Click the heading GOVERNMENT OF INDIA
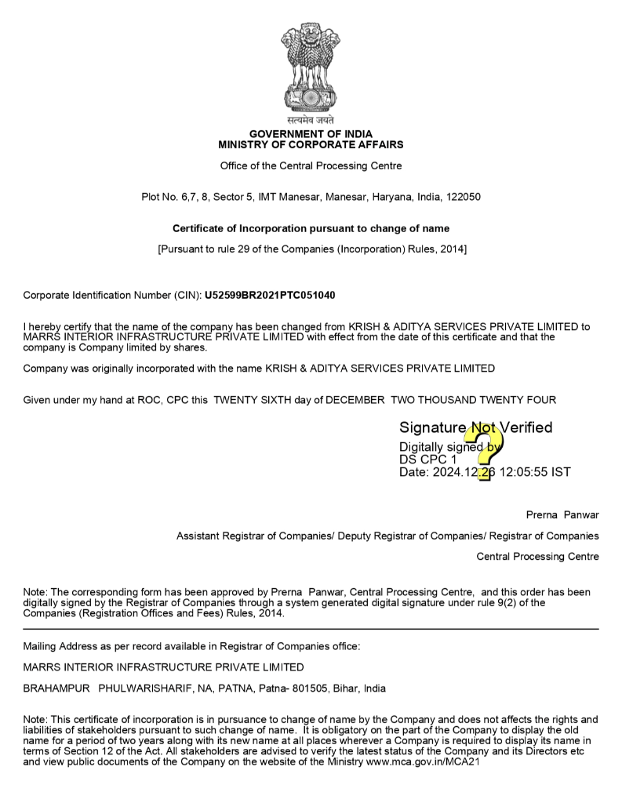tap(311, 134)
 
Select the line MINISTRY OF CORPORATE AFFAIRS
tap(311, 145)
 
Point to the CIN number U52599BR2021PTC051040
tap(270, 295)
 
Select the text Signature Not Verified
tap(475, 427)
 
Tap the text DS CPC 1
tap(427, 460)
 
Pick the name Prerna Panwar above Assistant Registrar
tap(562, 515)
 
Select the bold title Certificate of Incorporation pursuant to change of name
tap(311, 228)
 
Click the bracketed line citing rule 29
tap(311, 249)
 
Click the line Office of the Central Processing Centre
tap(311, 165)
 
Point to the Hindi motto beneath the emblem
tap(311, 121)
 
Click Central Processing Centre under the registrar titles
tap(537, 557)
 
